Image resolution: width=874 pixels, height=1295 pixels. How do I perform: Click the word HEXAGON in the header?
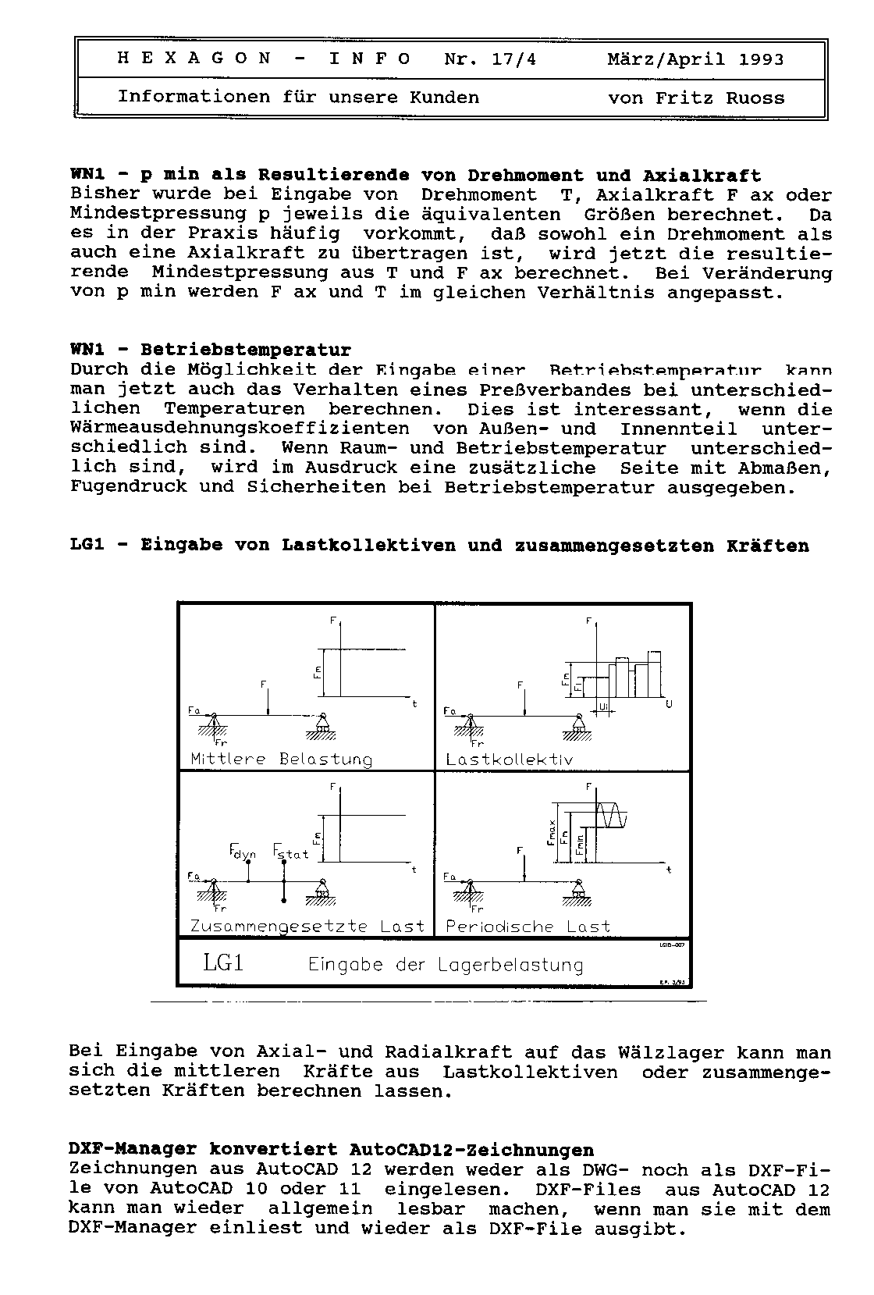pos(194,59)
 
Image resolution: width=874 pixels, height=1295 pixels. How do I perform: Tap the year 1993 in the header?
pos(762,59)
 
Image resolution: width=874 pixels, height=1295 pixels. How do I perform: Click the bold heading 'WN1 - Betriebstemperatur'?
pos(211,350)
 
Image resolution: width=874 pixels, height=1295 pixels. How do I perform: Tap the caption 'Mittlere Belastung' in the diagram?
pos(282,759)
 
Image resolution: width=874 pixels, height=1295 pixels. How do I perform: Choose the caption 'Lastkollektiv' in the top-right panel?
pos(509,759)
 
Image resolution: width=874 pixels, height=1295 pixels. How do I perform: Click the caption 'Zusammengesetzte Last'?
pos(307,927)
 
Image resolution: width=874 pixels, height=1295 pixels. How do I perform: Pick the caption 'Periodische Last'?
pos(528,927)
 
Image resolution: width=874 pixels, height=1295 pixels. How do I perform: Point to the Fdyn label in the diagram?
pos(243,852)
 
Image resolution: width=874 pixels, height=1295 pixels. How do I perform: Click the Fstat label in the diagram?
pos(291,852)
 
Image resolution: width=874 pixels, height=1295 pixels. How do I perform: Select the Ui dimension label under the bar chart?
pos(603,706)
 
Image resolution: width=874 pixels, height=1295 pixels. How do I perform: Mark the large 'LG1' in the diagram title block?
pos(223,963)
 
